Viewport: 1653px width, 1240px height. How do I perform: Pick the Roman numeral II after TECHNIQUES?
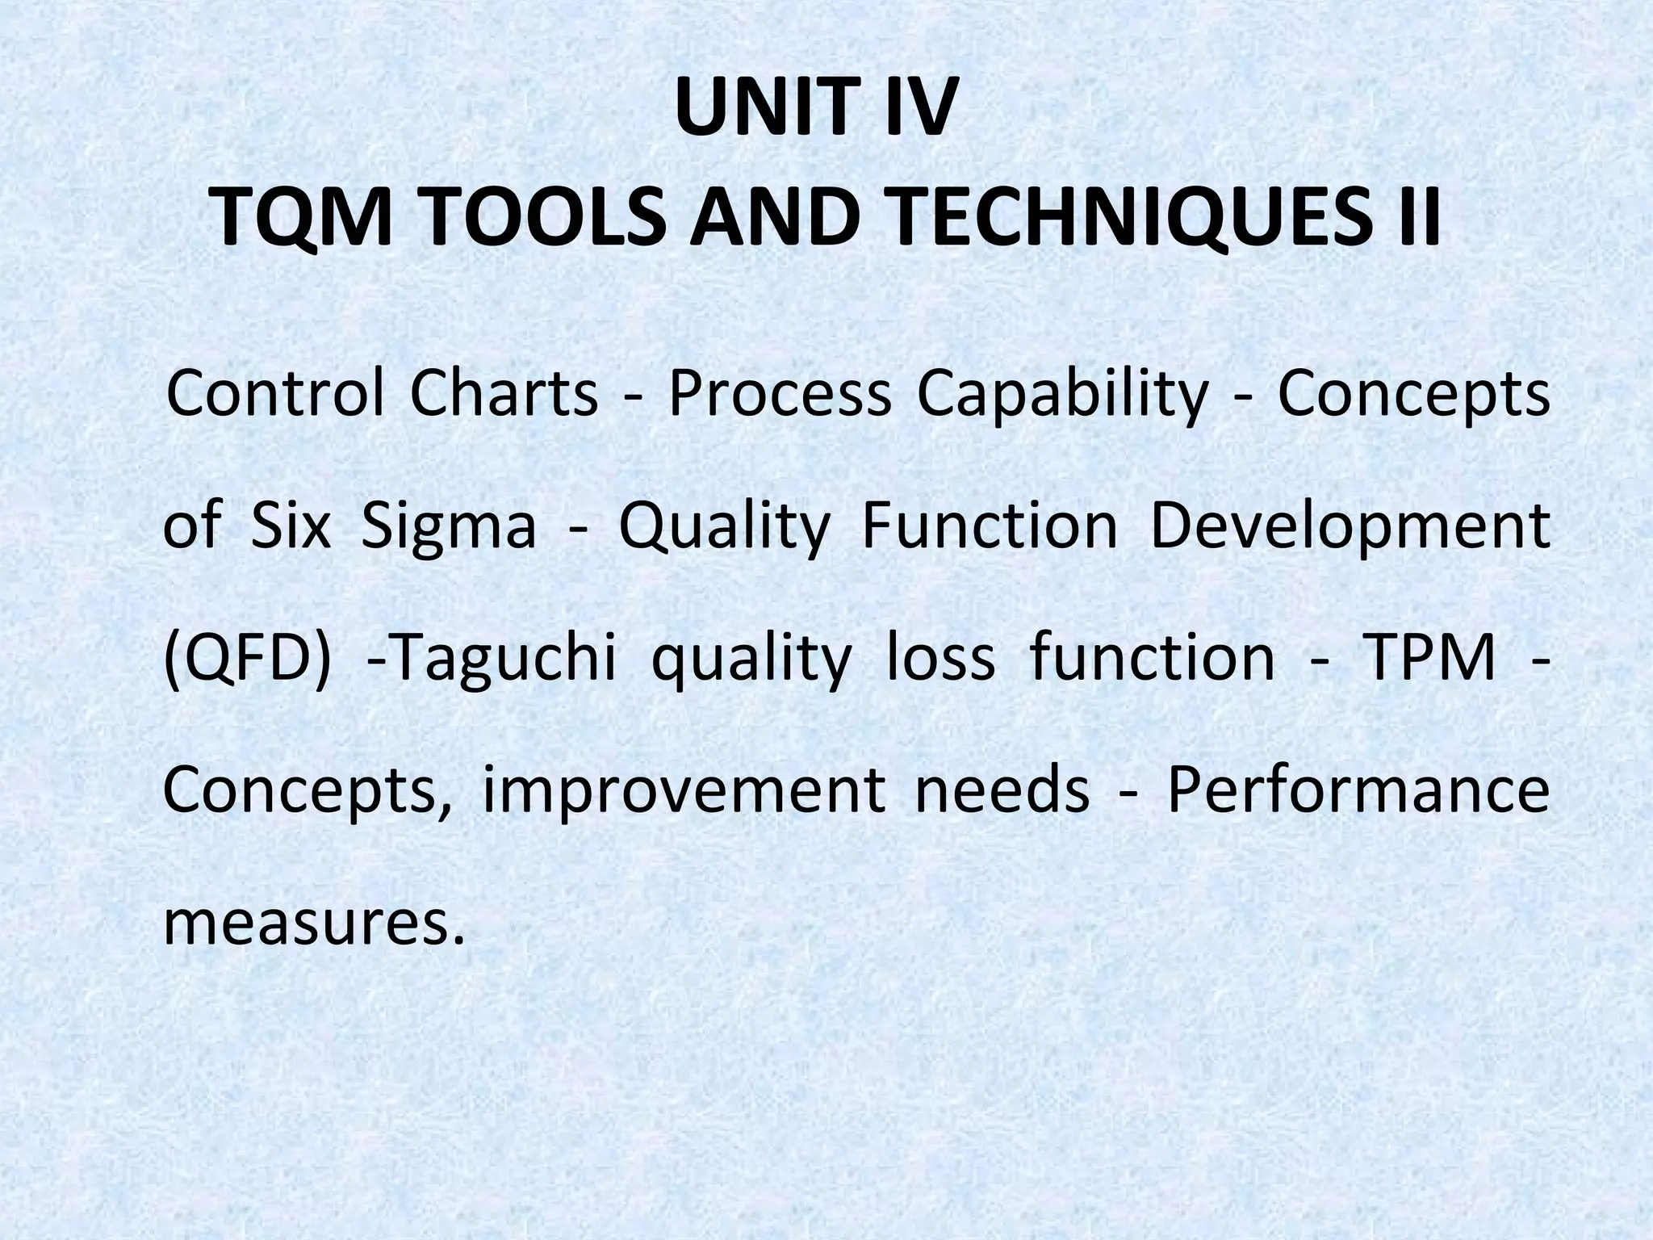click(1417, 220)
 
